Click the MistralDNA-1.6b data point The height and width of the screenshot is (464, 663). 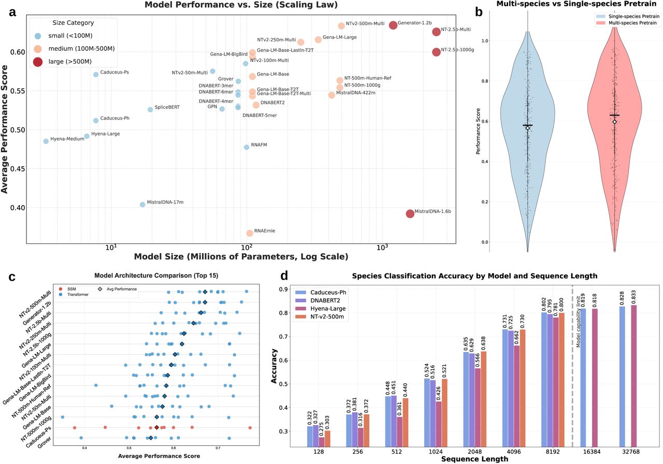410,213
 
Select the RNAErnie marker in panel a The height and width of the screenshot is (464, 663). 250,233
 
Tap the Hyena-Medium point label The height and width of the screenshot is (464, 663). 67,139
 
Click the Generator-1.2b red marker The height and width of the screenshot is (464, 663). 393,25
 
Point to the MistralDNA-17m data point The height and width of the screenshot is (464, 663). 142,205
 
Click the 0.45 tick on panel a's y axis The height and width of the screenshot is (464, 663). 27,169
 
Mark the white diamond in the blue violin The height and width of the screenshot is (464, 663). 527,127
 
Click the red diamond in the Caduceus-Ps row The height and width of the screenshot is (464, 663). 157,427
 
